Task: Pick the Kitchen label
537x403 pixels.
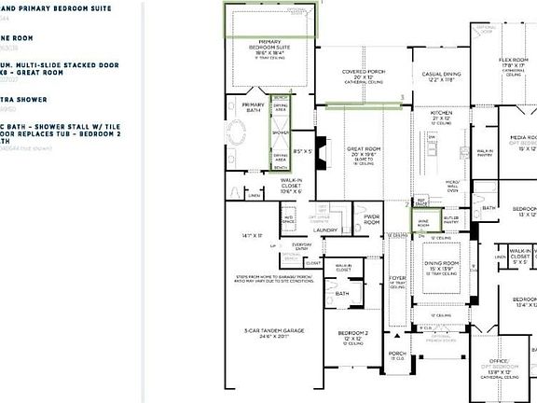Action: pos(442,116)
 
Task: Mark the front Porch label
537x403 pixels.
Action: pos(398,354)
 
